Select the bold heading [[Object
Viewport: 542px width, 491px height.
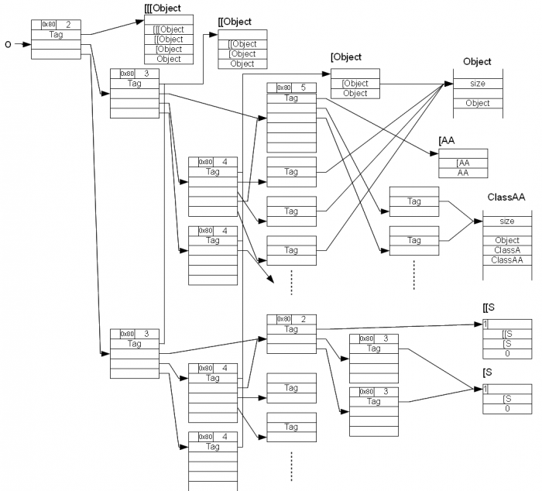click(235, 22)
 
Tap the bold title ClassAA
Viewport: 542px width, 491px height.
click(506, 197)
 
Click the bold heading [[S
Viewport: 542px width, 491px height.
click(489, 308)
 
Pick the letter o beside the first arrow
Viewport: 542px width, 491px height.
click(8, 45)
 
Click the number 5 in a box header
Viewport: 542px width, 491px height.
click(304, 88)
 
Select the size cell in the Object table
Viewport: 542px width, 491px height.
click(478, 84)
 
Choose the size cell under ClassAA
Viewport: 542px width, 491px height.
click(506, 221)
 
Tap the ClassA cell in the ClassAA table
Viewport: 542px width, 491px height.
click(506, 250)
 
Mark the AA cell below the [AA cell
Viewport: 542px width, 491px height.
click(463, 173)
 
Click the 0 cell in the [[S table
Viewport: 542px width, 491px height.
click(507, 352)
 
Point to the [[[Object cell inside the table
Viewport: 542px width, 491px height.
click(169, 29)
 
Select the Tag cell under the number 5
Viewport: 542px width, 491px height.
click(291, 98)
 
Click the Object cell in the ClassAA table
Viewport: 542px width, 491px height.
click(506, 241)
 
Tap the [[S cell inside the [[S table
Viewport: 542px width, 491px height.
click(507, 334)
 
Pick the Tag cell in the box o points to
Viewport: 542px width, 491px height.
click(56, 35)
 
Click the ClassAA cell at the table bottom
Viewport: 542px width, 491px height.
click(506, 259)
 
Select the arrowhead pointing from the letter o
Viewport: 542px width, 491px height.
click(27, 45)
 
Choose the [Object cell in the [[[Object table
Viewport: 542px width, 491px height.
click(169, 49)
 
